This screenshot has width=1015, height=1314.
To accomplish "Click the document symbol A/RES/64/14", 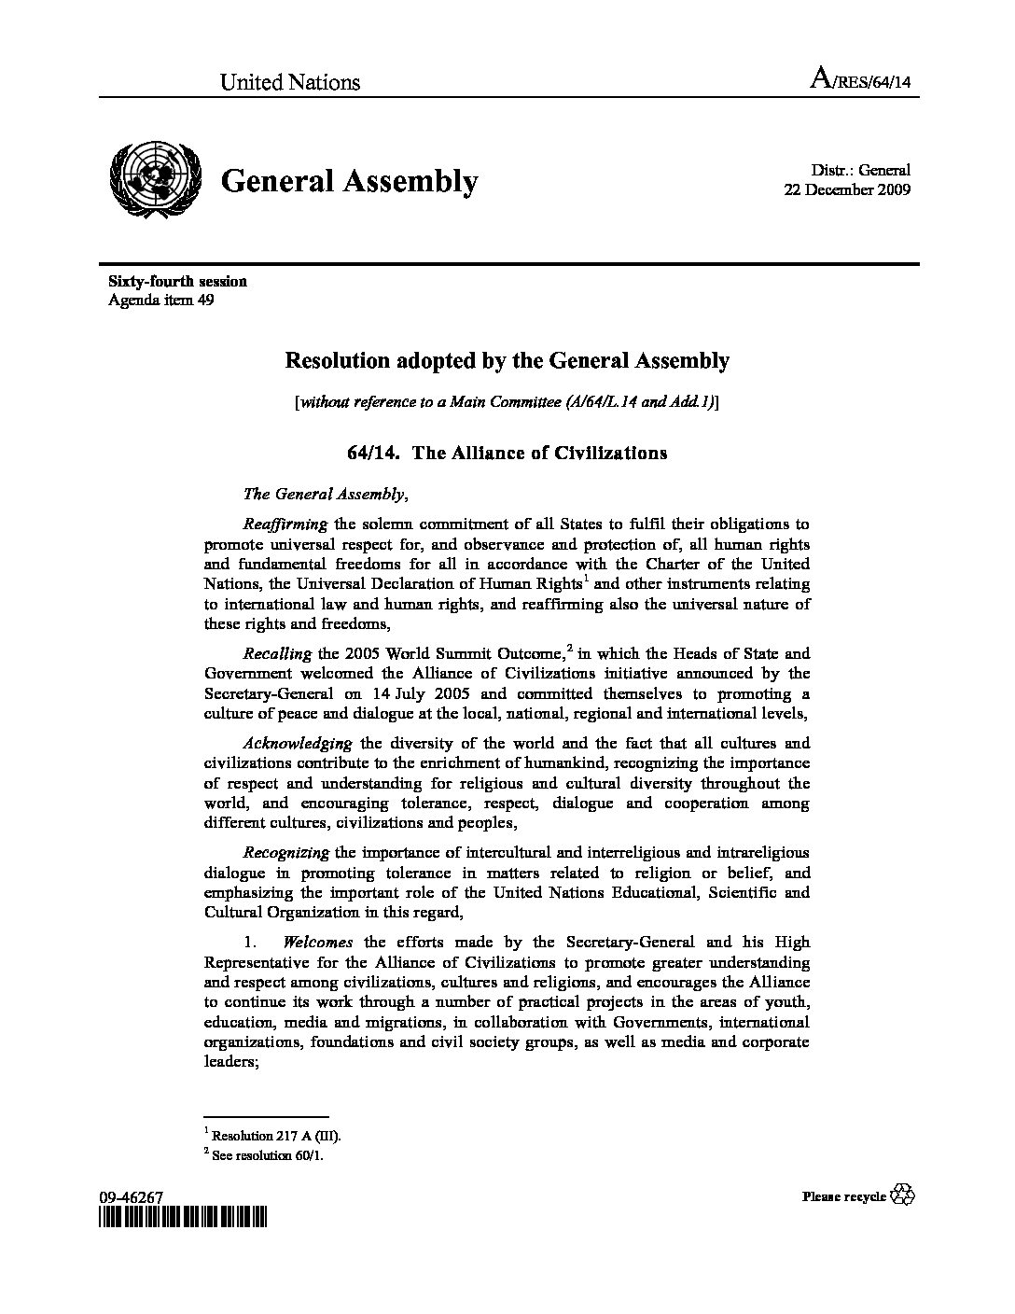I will pyautogui.click(x=860, y=82).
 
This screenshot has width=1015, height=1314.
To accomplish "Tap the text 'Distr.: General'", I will pyautogui.click(x=860, y=171).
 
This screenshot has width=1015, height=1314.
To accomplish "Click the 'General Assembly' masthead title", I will pyautogui.click(x=350, y=181).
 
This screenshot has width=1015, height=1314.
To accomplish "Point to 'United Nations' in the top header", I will pyautogui.click(x=289, y=82).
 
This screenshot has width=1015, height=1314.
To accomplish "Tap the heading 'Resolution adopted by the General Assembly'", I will pyautogui.click(x=507, y=360).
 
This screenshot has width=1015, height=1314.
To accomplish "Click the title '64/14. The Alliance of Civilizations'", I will pyautogui.click(x=507, y=454).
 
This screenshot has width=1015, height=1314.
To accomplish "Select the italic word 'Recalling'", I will pyautogui.click(x=276, y=654).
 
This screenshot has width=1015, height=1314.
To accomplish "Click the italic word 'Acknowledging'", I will pyautogui.click(x=297, y=744).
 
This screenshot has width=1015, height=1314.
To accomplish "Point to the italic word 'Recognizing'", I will pyautogui.click(x=285, y=852).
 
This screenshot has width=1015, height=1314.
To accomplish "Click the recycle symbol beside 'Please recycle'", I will pyautogui.click(x=903, y=1195).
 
